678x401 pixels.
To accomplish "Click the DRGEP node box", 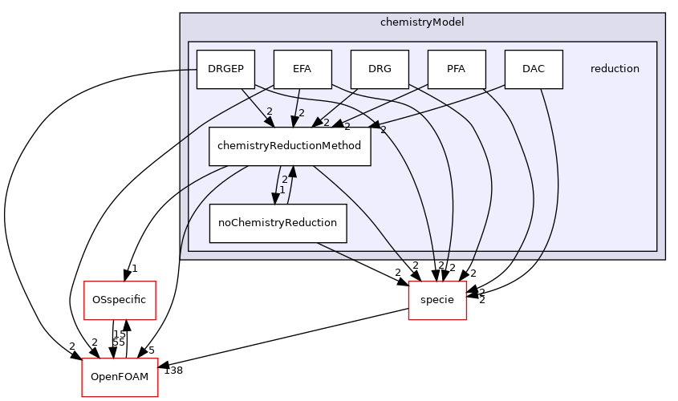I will [225, 69].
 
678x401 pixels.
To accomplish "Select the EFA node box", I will [302, 69].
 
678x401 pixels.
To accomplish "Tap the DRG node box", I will [380, 69].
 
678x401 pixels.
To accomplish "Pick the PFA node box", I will [457, 69].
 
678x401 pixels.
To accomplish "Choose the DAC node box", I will [534, 69].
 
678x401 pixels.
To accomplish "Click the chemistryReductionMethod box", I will [290, 146].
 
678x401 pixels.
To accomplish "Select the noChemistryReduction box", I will [278, 223].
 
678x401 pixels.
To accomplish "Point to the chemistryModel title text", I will [422, 22].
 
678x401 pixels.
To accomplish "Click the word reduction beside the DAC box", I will [615, 69].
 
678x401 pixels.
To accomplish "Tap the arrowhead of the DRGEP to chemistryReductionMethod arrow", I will [270, 122].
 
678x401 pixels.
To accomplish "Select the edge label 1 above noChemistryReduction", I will [282, 190].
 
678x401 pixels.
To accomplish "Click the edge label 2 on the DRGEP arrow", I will [270, 111].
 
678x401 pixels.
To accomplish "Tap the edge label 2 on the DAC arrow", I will [383, 129].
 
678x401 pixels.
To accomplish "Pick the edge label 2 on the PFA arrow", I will [347, 127].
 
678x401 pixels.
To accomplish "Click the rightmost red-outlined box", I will [437, 301].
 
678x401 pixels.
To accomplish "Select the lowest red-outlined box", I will [120, 378].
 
